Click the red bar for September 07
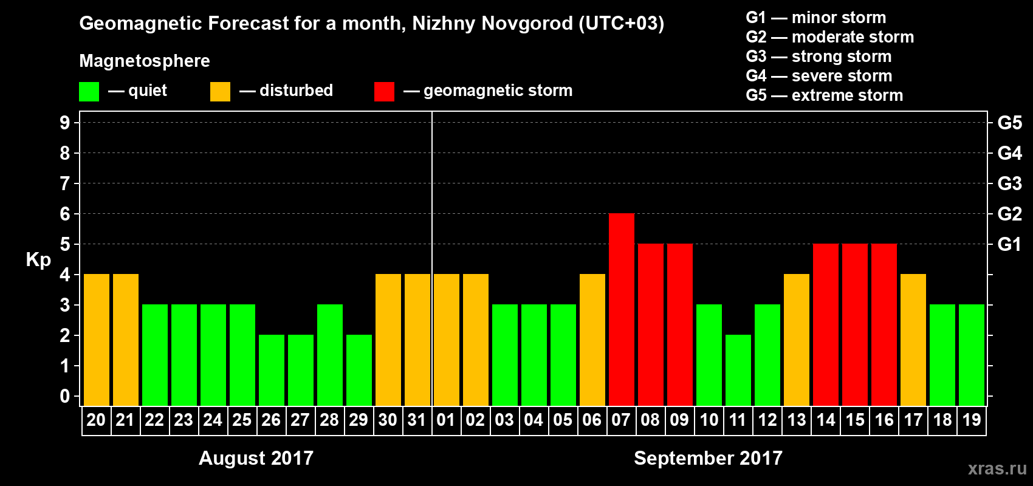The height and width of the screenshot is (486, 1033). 621,309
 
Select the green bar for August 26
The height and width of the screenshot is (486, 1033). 271,370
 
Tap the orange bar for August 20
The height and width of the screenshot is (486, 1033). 96,340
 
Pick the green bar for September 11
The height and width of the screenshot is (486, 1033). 738,370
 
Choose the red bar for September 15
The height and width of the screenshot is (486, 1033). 854,324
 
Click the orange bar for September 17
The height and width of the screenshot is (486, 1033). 913,340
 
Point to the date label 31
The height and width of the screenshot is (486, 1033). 417,420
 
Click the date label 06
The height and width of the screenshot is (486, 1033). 592,420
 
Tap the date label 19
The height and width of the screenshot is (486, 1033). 971,420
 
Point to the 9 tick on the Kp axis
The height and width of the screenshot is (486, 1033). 65,123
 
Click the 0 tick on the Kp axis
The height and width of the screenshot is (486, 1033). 65,396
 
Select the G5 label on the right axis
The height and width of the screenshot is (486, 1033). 1009,123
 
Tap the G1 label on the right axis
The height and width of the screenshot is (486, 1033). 1009,244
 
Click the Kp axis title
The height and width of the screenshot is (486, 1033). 38,259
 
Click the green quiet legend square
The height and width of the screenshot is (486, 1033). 89,92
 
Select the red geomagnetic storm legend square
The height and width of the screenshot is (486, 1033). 384,92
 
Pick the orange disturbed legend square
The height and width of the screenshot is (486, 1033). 220,92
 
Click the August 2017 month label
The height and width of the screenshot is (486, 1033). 256,458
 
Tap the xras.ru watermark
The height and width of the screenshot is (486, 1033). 997,468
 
